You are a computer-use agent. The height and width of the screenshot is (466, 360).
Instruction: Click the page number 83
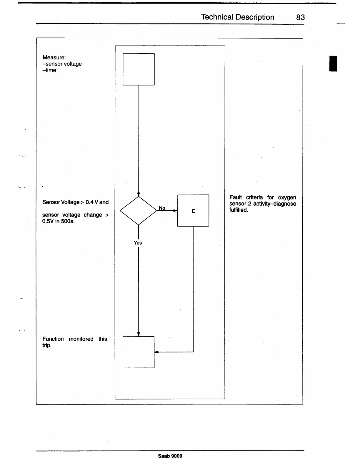click(x=300, y=17)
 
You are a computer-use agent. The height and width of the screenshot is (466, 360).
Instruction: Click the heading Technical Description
click(x=237, y=17)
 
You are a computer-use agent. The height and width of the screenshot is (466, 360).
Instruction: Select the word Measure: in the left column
click(x=54, y=57)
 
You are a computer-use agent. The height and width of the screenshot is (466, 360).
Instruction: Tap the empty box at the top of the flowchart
click(x=139, y=69)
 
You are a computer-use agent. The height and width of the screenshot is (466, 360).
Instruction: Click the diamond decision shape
click(x=139, y=211)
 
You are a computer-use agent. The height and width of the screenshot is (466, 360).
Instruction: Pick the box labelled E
click(x=193, y=211)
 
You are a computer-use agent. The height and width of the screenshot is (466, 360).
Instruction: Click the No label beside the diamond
click(x=162, y=208)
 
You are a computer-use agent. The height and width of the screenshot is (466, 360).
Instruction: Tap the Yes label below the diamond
click(x=138, y=243)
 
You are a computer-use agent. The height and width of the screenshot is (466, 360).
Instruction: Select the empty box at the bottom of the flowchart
click(x=139, y=352)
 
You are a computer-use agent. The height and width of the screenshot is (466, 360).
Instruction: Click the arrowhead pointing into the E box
click(x=175, y=211)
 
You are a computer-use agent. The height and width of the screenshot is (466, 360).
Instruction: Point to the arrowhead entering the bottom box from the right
click(x=156, y=352)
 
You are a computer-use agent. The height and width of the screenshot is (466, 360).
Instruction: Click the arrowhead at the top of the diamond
click(x=139, y=194)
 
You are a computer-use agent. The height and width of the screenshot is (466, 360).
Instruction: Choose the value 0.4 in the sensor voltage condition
click(x=89, y=202)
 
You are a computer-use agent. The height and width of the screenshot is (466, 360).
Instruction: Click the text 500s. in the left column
click(x=68, y=221)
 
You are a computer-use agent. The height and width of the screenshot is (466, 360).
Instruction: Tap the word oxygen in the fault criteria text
click(x=287, y=197)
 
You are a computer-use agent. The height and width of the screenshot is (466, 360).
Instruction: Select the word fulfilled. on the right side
click(x=239, y=210)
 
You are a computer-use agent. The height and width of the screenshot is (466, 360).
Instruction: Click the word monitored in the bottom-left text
click(x=81, y=339)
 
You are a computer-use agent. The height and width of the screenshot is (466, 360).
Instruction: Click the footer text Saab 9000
click(x=170, y=456)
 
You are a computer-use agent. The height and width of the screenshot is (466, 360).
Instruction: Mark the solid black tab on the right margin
click(x=333, y=63)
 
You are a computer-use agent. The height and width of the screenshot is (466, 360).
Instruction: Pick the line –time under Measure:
click(x=49, y=70)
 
